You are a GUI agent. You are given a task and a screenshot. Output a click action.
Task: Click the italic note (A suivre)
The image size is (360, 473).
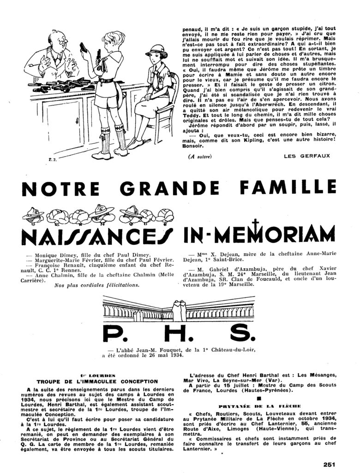pyautogui.click(x=200, y=156)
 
